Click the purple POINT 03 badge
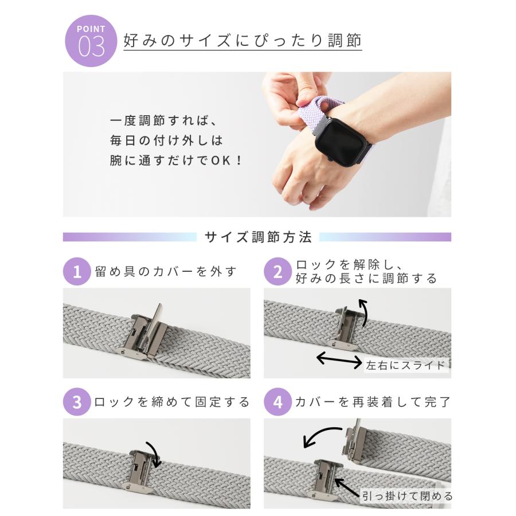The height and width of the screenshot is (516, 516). (x=92, y=41)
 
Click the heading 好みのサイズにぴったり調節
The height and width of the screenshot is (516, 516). (x=243, y=41)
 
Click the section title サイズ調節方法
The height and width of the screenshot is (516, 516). (x=258, y=237)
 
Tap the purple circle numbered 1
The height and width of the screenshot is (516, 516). (x=77, y=271)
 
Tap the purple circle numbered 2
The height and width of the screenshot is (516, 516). (x=277, y=271)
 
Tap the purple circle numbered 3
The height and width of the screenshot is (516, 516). (x=77, y=402)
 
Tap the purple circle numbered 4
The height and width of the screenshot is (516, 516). (x=277, y=402)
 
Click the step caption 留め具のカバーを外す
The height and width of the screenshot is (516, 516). (x=166, y=271)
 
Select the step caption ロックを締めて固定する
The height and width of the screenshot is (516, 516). (x=172, y=402)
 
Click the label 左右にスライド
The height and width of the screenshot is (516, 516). (x=406, y=364)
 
